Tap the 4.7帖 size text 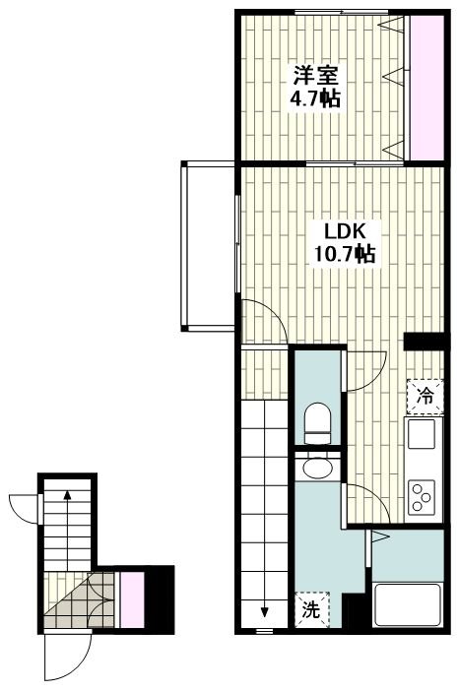(x=315, y=98)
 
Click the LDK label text (x=345, y=230)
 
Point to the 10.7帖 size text (x=345, y=254)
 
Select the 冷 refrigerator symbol (x=425, y=397)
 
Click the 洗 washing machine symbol (x=312, y=609)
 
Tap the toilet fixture (x=317, y=423)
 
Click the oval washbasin (x=317, y=470)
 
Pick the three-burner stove (x=421, y=497)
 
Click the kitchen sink (x=421, y=434)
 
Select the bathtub (x=407, y=604)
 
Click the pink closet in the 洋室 (x=426, y=89)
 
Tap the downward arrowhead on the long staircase (x=264, y=612)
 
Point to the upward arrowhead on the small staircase (x=67, y=494)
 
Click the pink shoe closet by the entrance (x=133, y=599)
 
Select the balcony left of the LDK (x=208, y=246)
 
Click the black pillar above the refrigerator (x=424, y=342)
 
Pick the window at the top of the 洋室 (x=342, y=12)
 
